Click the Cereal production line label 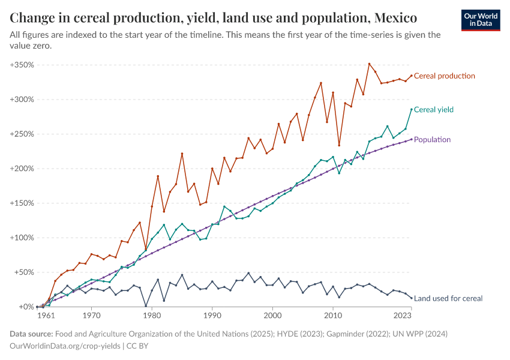click(x=445, y=76)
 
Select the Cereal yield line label click(x=434, y=110)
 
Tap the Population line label click(x=432, y=140)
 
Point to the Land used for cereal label click(x=448, y=298)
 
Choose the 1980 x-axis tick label click(x=152, y=315)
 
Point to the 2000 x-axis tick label click(x=272, y=315)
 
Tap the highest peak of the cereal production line click(x=369, y=64)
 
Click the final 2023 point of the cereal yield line click(x=411, y=109)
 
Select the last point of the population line click(x=411, y=139)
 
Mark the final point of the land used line click(x=411, y=298)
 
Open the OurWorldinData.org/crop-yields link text click(x=65, y=346)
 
